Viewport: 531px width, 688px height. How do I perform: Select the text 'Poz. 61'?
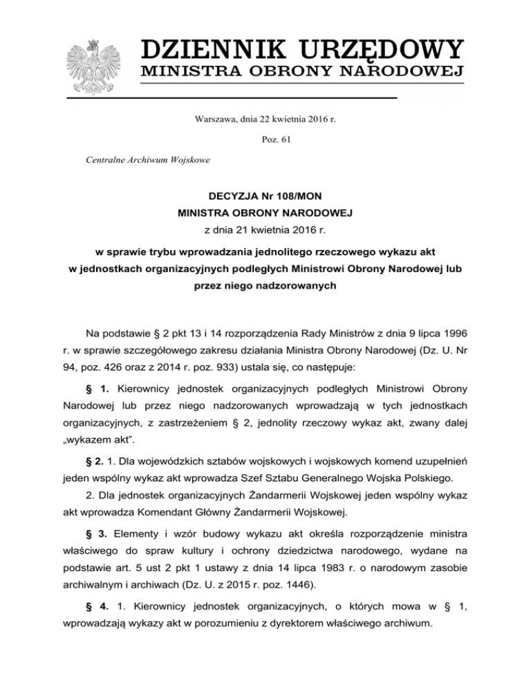(265, 139)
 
